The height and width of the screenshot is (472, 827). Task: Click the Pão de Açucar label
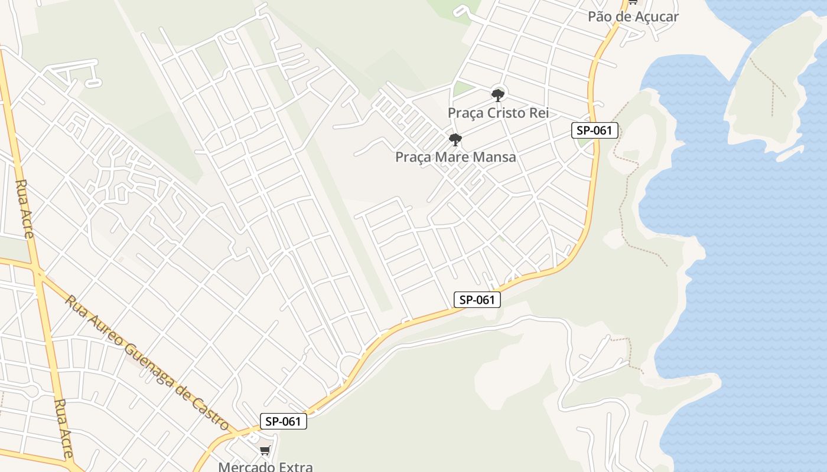[633, 17]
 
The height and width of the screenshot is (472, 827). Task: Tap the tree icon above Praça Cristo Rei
[498, 94]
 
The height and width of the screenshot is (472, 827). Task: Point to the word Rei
[539, 113]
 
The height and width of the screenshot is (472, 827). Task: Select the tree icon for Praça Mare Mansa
[455, 140]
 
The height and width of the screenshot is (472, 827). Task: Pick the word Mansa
[497, 157]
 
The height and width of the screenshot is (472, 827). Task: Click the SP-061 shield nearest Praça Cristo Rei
[594, 130]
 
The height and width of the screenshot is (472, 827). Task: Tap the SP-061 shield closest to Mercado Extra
[284, 421]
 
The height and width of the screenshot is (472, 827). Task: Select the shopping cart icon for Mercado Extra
[265, 451]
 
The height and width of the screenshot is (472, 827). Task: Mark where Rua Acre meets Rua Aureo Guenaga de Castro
[38, 273]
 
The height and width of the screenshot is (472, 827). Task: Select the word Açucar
[655, 17]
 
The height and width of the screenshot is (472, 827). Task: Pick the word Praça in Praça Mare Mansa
[413, 157]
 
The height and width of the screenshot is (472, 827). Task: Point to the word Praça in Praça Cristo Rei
[466, 113]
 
